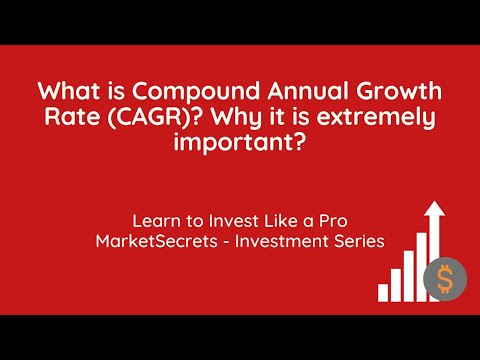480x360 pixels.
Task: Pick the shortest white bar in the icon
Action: (382, 293)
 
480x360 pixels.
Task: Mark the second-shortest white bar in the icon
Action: (395, 284)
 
